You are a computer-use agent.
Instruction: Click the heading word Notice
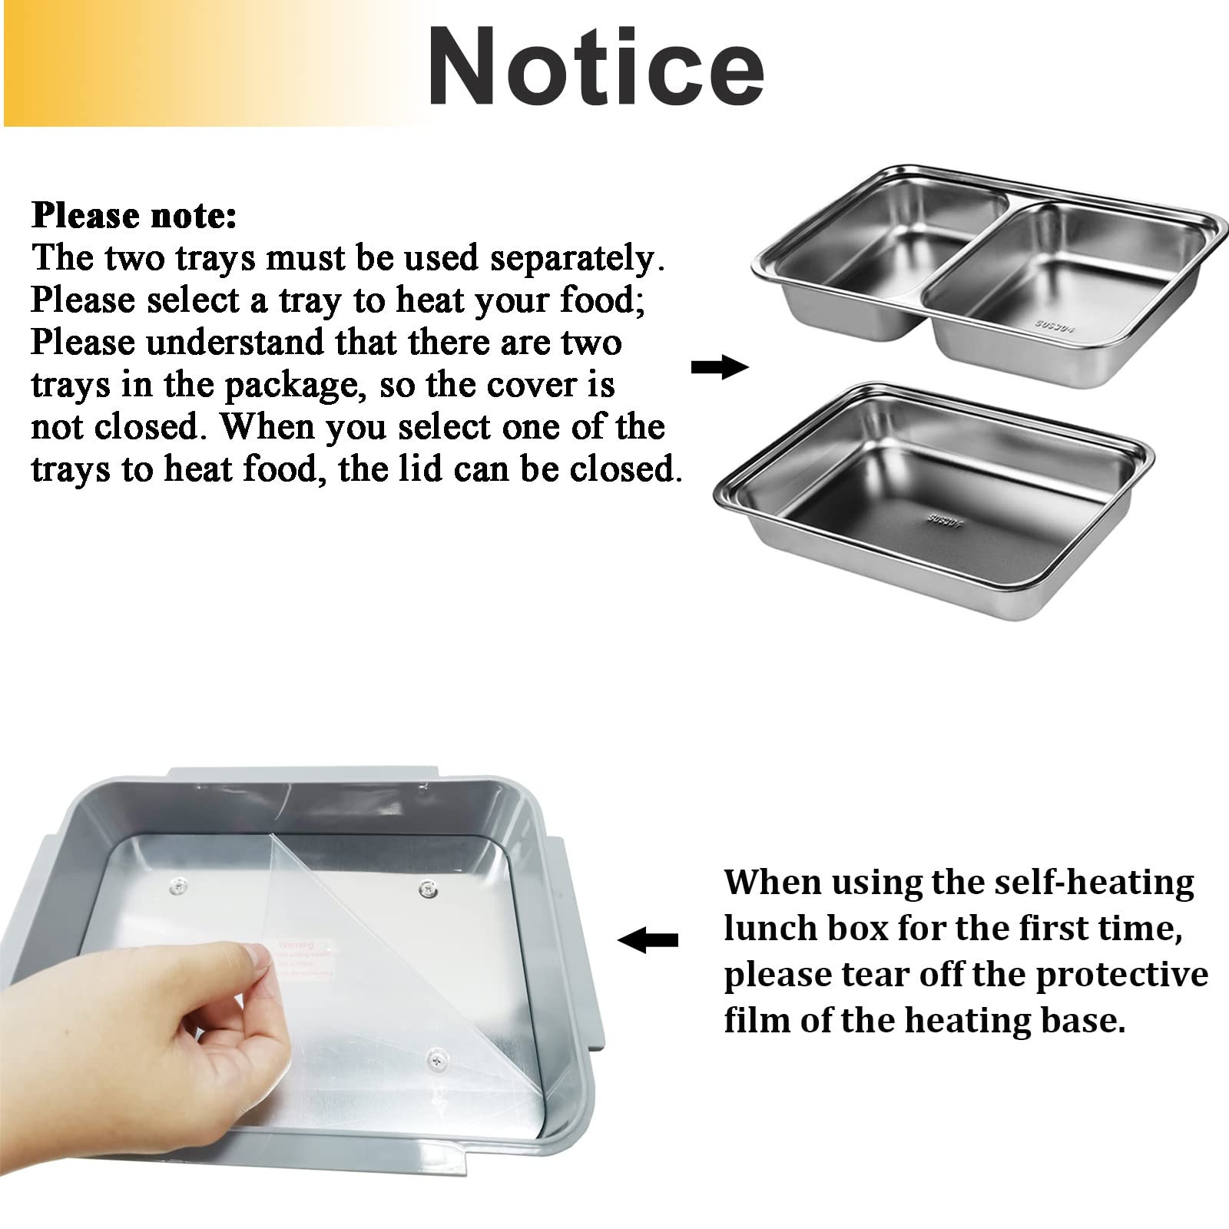[595, 68]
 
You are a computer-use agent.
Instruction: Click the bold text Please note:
[134, 216]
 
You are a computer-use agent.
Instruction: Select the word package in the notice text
[291, 385]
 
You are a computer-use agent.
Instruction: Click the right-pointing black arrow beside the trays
[719, 368]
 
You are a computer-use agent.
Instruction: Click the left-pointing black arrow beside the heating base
[648, 939]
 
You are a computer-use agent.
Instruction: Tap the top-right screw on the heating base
[428, 889]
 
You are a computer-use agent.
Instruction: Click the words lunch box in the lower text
[805, 929]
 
